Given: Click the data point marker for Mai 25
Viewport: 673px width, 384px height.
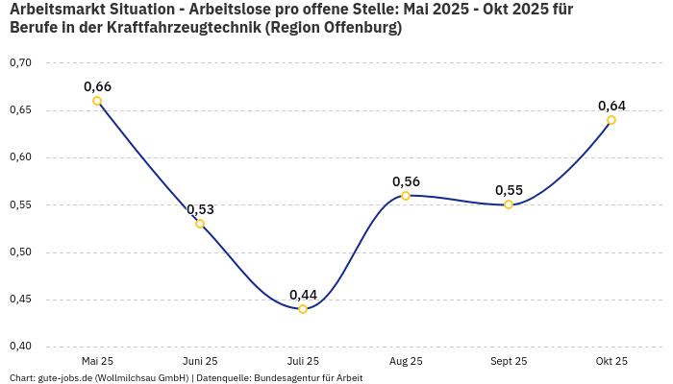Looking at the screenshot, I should click(x=97, y=101).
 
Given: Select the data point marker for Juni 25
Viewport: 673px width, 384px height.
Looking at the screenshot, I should click(x=200, y=224).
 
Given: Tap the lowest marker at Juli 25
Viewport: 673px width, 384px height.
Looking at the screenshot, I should click(x=303, y=309).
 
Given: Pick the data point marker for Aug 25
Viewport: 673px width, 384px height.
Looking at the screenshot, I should click(x=406, y=196).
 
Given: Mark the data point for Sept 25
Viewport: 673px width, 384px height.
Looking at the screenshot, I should click(x=509, y=204).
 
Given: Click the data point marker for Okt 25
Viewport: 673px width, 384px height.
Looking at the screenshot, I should click(x=611, y=120).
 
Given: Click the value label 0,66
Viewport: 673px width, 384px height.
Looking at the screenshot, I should click(x=97, y=86).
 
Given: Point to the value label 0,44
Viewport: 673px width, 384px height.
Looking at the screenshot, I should click(x=303, y=294).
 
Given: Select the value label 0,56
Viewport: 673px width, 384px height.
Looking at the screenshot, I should click(x=406, y=181).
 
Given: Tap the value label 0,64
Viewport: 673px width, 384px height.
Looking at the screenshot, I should click(x=611, y=106).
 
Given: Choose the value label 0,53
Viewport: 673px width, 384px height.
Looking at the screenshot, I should click(x=200, y=209).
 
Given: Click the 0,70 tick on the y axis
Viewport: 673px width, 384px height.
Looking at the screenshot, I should click(x=20, y=62).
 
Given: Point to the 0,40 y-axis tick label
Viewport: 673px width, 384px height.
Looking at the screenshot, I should click(x=20, y=347).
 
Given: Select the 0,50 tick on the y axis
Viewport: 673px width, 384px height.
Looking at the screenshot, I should click(x=20, y=252).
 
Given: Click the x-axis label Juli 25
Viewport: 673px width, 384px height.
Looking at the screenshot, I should click(x=303, y=362).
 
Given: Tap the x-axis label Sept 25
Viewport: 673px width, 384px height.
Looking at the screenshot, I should click(x=509, y=362).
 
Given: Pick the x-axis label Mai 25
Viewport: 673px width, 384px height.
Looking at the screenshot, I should click(x=97, y=362).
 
